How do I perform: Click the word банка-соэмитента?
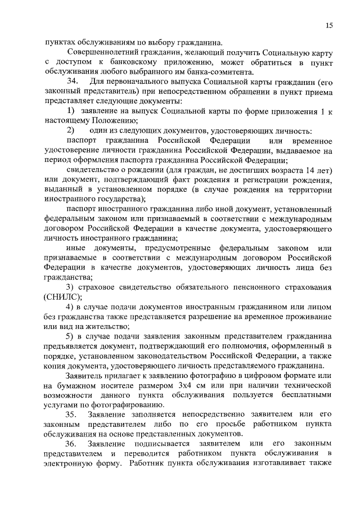222,71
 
